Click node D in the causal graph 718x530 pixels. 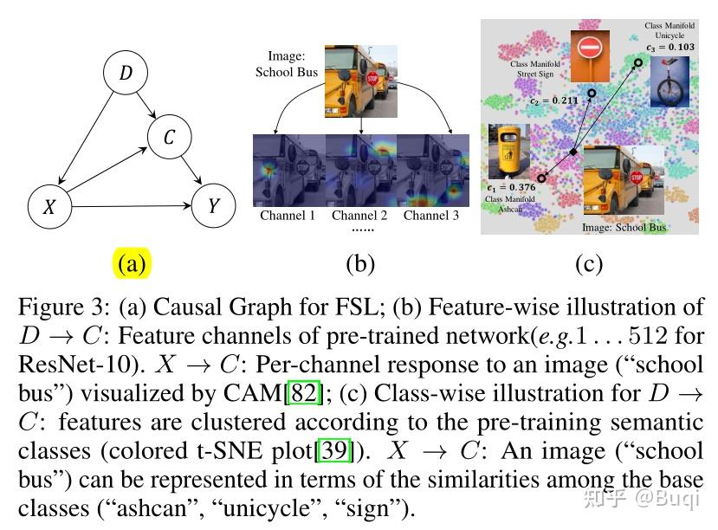tap(126, 74)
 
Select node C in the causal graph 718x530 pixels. tap(170, 138)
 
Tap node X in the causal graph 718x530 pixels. tap(49, 208)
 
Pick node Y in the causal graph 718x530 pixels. tap(214, 206)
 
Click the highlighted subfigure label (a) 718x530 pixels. tap(132, 263)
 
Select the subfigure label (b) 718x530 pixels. tap(359, 263)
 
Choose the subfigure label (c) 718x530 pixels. tap(589, 263)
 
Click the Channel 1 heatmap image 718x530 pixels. tap(288, 170)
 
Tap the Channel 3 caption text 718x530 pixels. tap(430, 215)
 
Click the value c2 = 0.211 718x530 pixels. tap(553, 101)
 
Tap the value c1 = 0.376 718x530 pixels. tap(510, 187)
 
